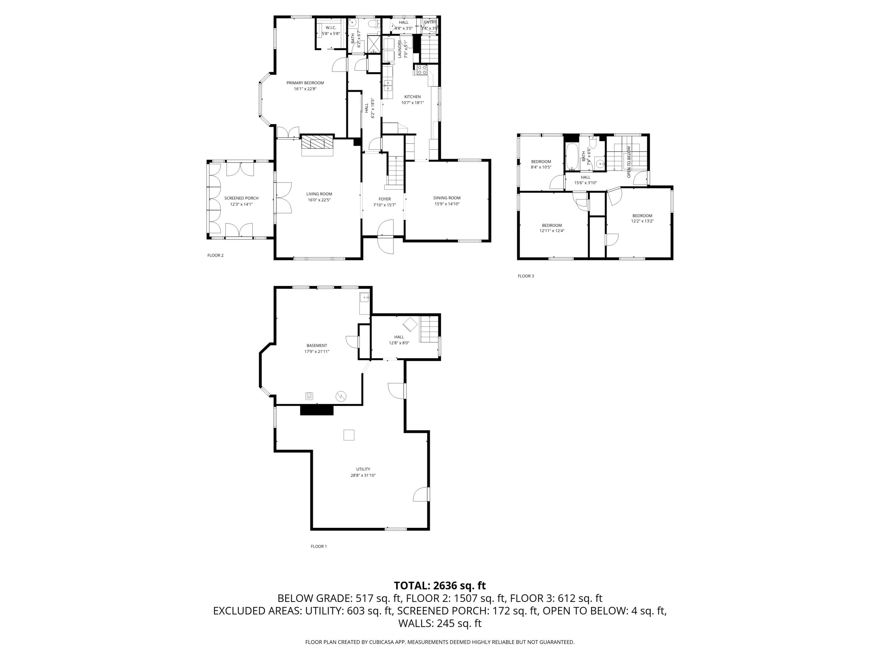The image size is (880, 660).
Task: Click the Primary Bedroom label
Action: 305,83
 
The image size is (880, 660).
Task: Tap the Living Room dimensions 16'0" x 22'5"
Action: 319,200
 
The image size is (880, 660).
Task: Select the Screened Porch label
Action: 241,198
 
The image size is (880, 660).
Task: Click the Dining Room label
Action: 447,198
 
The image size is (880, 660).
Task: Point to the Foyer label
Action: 384,199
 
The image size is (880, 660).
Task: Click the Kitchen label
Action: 412,97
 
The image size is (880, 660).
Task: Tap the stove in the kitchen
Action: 422,70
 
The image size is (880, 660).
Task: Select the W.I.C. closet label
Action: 331,28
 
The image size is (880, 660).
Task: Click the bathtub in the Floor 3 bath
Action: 572,157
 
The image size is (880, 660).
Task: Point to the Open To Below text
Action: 629,162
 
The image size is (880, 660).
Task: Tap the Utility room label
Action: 363,469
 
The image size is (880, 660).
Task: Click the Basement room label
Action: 317,345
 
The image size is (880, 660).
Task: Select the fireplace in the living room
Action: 317,145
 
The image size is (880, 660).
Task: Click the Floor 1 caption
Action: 319,546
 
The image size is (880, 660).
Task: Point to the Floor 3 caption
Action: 526,276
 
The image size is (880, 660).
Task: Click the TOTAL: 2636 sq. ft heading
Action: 440,585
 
